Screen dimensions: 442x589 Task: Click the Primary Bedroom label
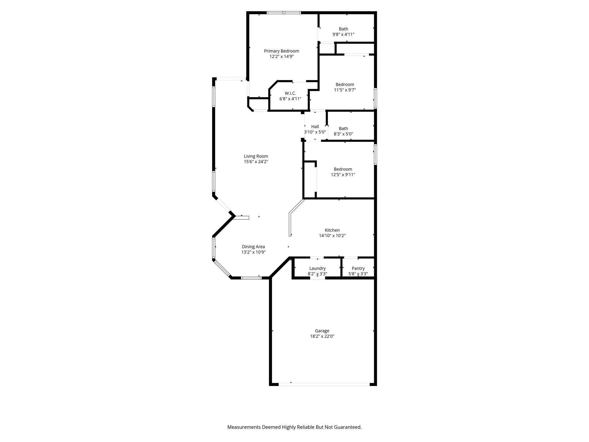click(x=281, y=51)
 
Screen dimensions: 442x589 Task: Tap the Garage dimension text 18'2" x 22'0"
click(x=322, y=336)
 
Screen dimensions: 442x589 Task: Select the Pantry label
click(x=358, y=268)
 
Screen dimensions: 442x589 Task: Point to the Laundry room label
click(x=317, y=268)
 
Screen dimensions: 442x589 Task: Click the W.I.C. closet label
click(x=290, y=93)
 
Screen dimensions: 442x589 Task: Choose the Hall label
click(x=315, y=127)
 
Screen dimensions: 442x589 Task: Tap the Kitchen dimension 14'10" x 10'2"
click(x=332, y=236)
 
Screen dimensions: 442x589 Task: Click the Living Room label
click(x=256, y=156)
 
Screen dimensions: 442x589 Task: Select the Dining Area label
click(x=253, y=247)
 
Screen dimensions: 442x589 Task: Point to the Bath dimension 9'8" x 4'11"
click(x=343, y=35)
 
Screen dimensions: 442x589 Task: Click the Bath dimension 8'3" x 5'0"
click(x=343, y=134)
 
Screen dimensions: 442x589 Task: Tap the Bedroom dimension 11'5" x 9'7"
click(x=345, y=90)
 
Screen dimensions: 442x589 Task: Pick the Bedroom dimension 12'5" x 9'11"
click(x=343, y=175)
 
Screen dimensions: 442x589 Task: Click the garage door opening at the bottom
click(x=324, y=384)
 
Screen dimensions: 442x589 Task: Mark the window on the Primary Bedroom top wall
click(x=284, y=13)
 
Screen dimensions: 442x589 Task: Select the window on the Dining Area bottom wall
click(x=251, y=278)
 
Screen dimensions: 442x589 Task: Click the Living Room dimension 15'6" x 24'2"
click(x=256, y=162)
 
